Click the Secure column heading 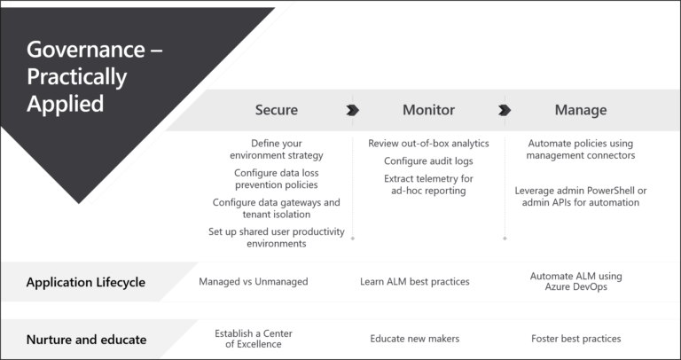(277, 110)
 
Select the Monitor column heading (428, 110)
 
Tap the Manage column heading (581, 110)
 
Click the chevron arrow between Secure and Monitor (353, 110)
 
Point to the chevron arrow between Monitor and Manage (505, 110)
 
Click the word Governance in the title (85, 50)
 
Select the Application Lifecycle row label (86, 283)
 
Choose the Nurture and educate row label (86, 340)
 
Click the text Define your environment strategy (276, 149)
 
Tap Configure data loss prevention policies (276, 179)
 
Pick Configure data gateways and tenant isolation (276, 208)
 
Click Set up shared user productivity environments (276, 238)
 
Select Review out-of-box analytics (428, 144)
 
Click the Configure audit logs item (428, 161)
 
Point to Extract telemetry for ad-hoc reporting (428, 185)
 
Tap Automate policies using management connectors (581, 149)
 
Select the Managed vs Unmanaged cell (253, 282)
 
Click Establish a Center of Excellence (253, 339)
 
